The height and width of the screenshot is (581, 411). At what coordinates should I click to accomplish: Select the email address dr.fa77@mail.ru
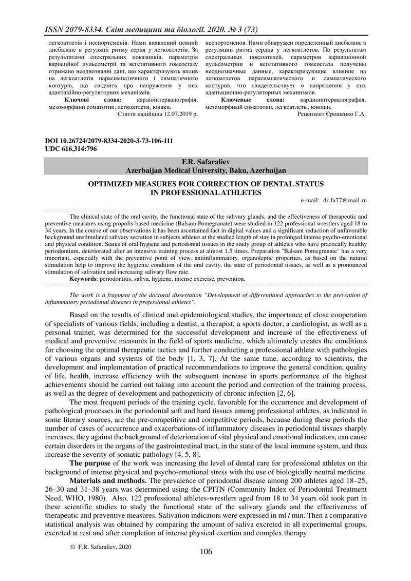click(345, 202)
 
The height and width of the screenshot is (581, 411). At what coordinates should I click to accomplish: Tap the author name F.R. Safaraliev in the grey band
click(206, 162)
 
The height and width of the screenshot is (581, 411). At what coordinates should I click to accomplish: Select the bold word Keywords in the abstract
click(85, 278)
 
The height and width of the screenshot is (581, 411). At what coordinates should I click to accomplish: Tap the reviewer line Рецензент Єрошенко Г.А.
click(332, 114)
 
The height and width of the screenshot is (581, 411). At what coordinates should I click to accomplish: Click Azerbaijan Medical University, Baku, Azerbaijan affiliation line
click(206, 169)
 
